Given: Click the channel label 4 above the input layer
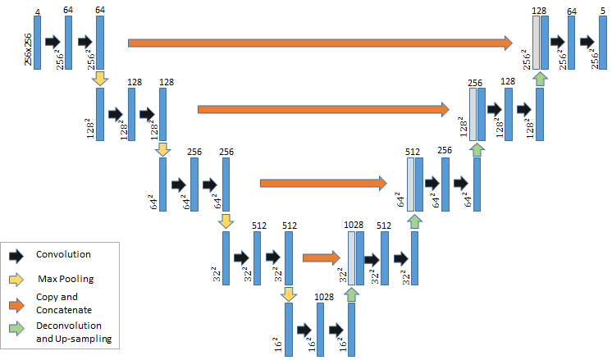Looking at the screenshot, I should tap(38, 11).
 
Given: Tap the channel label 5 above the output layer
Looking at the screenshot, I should tap(602, 11).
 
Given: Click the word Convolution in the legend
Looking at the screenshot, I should tap(63, 255).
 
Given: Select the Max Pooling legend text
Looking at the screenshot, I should tap(66, 280).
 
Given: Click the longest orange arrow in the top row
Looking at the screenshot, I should tap(320, 41).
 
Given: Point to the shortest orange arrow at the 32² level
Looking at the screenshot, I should tap(320, 257).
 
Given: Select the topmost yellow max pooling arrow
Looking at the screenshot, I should tap(100, 78).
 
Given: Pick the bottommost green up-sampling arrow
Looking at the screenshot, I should tap(352, 294).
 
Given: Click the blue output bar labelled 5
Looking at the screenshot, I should tap(602, 42).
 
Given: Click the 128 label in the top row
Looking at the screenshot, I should tap(539, 11).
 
